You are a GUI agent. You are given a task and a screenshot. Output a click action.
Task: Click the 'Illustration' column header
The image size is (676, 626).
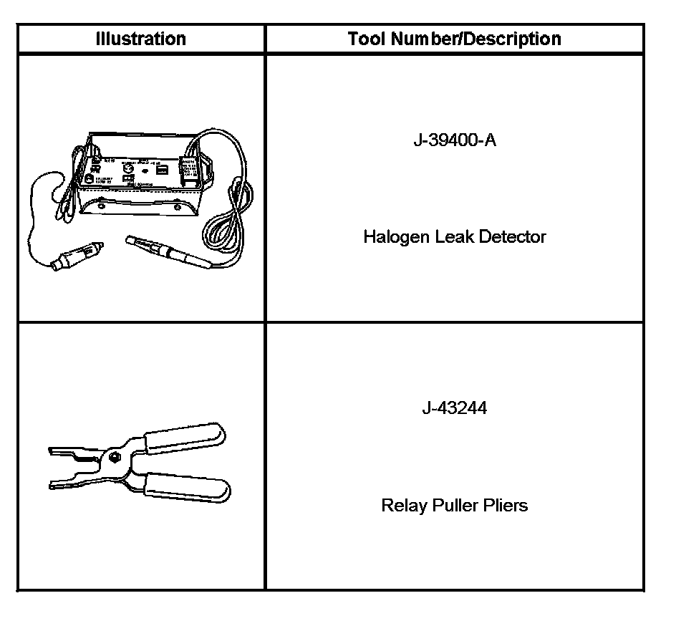(141, 39)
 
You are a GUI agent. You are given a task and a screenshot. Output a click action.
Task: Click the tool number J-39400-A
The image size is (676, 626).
(454, 140)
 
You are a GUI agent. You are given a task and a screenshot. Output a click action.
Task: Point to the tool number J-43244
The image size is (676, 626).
(454, 408)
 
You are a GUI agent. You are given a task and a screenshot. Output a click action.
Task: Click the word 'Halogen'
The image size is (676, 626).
(396, 237)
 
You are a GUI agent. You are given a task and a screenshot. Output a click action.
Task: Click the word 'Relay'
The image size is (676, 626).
(403, 506)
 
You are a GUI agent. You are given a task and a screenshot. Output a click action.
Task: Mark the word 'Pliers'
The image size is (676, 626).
(506, 506)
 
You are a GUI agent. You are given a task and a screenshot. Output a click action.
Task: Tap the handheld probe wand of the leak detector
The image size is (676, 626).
(168, 251)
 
